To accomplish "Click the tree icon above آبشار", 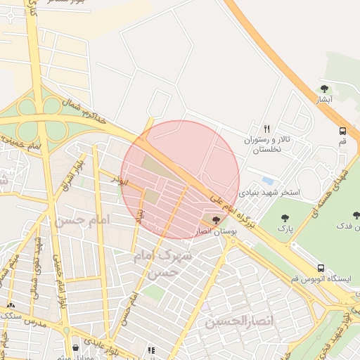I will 324,89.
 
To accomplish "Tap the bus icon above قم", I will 342,131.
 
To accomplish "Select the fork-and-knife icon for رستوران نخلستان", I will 266,129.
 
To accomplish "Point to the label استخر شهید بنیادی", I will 270,191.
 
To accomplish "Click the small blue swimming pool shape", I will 268,181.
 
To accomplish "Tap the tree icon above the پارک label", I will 285,218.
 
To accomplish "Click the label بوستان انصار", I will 216,231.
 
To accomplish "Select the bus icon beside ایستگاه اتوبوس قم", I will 321,268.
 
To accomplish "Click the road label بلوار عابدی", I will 108,347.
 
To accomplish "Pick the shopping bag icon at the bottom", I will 75,347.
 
